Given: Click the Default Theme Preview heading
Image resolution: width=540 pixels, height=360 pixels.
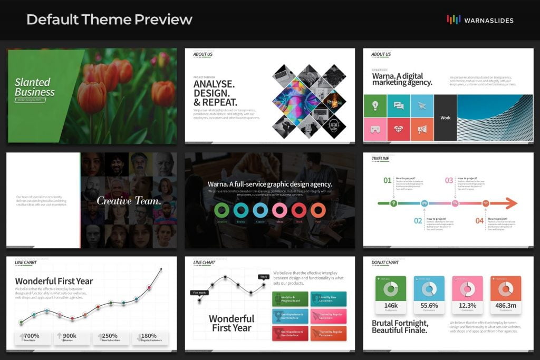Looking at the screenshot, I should [109, 20].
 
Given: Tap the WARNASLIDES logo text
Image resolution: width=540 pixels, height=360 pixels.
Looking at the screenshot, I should [488, 21].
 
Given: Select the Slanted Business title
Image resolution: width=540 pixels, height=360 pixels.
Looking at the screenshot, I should [34, 87].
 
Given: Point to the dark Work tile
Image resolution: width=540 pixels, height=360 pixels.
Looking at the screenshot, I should [446, 118].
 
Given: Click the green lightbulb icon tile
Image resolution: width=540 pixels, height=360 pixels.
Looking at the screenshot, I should [375, 106].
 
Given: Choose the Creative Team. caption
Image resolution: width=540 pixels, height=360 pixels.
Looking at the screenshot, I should [129, 201].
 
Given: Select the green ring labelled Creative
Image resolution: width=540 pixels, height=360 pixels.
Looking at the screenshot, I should [222, 210].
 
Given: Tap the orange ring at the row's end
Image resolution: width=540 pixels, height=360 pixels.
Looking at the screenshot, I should [318, 210].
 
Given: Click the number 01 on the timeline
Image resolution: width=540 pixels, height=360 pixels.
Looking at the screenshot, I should [388, 180].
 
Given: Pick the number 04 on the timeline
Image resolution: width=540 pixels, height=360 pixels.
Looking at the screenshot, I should [479, 221].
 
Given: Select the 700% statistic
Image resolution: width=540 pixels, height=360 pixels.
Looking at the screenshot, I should [32, 336].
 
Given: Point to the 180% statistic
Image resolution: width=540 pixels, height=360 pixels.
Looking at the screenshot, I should [149, 336].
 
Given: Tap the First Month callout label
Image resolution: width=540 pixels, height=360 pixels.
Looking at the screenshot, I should [200, 292].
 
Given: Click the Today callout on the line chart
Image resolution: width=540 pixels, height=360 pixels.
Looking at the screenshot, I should [263, 277].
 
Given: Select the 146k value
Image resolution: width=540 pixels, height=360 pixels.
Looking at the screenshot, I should [391, 305].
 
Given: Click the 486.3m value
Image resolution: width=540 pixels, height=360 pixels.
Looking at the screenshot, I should [505, 305].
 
